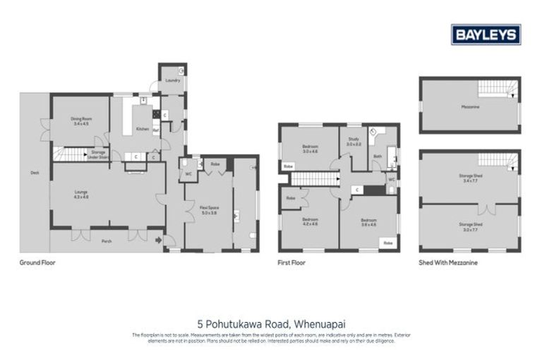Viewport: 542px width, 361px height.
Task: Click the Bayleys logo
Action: (486, 35)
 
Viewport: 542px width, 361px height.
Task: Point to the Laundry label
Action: (172, 80)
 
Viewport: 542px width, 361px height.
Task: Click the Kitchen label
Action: (142, 129)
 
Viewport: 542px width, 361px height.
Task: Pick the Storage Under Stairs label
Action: (97, 154)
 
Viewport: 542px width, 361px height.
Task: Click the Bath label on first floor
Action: (378, 156)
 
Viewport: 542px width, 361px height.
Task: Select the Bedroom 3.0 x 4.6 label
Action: (311, 149)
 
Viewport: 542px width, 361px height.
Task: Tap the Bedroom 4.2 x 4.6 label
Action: (311, 221)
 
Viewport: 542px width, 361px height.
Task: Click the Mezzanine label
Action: (470, 107)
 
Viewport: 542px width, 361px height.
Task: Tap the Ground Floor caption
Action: (37, 262)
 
